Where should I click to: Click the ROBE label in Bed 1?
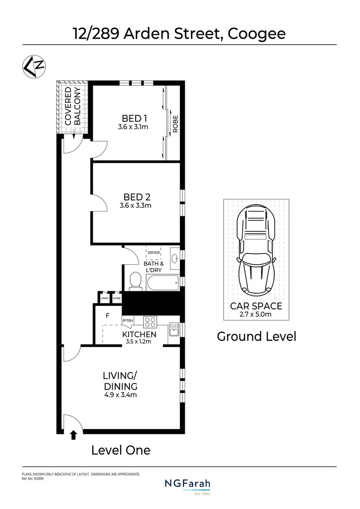click(175, 123)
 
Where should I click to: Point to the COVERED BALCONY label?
click(73, 106)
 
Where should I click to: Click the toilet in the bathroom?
click(135, 281)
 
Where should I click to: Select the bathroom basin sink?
click(174, 258)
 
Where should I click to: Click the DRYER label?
click(154, 253)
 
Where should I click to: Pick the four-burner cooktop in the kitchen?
click(150, 322)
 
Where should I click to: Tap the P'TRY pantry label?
click(128, 321)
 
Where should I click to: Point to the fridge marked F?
click(107, 316)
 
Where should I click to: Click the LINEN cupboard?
click(104, 298)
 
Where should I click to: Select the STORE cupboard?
click(116, 298)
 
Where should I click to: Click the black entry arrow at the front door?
click(74, 435)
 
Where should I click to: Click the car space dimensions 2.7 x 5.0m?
click(256, 314)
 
